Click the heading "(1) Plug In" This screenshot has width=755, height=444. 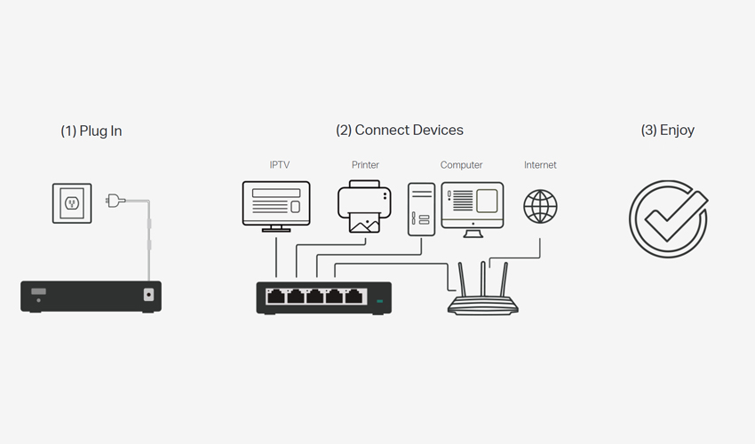coord(91,131)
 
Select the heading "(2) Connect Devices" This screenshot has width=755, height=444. coord(399,130)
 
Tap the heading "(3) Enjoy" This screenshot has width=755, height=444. coord(667,130)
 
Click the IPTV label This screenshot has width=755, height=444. coord(279,164)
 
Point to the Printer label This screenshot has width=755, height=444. coord(365,164)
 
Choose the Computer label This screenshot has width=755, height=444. coord(461,164)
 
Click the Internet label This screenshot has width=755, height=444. coord(540,164)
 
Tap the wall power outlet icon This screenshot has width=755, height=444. coord(72,203)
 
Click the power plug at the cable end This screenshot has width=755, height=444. coord(115,201)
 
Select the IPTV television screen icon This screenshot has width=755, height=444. coord(276,207)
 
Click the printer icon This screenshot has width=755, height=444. coord(364,207)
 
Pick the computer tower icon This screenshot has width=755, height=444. coord(421,210)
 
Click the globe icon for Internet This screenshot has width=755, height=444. coord(540,207)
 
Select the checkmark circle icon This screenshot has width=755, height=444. coord(668,219)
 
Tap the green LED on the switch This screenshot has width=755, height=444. coord(379,301)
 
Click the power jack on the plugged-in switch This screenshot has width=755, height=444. coord(149,294)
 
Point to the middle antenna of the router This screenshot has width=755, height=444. coord(483,280)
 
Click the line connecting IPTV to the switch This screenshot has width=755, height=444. coord(276,258)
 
